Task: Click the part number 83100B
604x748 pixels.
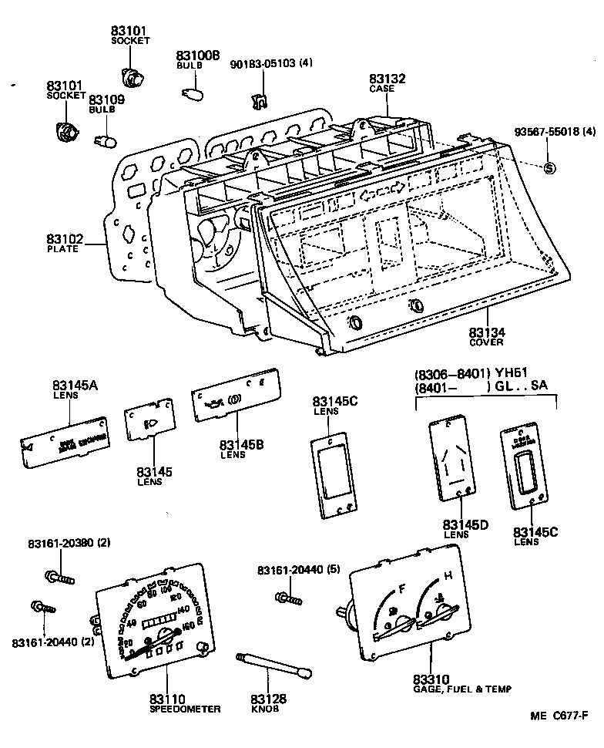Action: pos(198,56)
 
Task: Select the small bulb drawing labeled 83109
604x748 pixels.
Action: pos(106,140)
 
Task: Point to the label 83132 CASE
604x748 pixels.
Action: pos(386,83)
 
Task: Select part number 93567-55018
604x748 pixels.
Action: pos(544,132)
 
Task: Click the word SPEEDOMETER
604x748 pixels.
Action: pos(185,709)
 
